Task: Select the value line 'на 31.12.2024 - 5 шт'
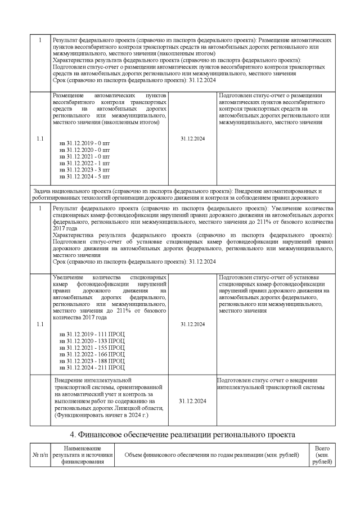84,176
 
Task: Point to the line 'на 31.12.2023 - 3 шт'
84,169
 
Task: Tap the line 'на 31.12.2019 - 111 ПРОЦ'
92,335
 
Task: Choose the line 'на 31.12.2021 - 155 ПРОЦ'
92,348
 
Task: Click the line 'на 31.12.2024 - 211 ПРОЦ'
92,367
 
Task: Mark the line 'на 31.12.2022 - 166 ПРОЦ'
92,354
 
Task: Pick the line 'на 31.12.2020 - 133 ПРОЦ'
92,341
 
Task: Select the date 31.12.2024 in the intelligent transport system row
192,401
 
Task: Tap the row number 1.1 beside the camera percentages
40,324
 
